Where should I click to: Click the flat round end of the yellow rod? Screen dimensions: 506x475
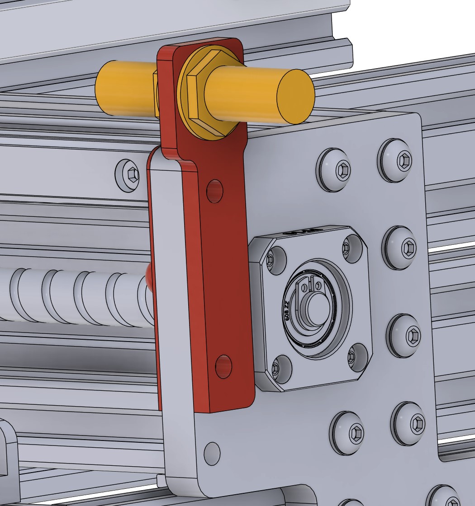295,97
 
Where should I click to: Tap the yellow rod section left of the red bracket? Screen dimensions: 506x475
124,89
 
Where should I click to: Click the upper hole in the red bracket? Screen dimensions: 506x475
215,191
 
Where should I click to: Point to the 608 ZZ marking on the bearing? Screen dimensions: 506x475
287,310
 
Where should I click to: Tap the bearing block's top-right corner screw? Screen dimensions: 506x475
346,247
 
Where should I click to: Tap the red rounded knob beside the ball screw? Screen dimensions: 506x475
150,276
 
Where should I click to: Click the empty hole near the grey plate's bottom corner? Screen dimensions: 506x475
212,452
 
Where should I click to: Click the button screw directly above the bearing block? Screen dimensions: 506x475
337,170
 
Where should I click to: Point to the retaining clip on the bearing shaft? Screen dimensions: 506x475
306,289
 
